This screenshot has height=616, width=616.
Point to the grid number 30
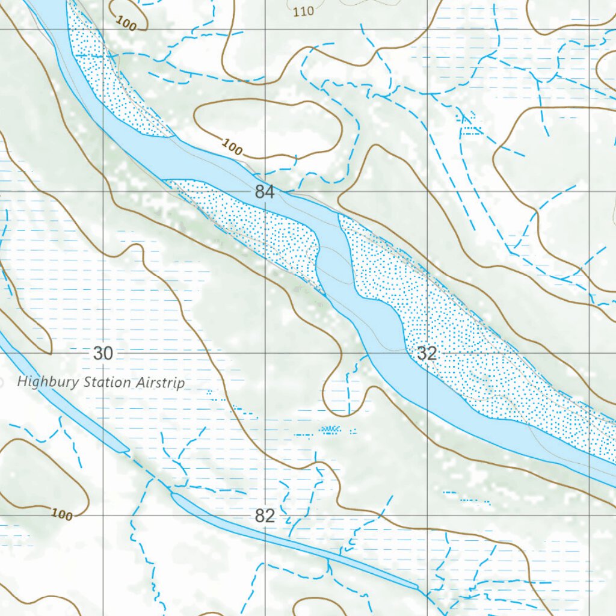(103, 354)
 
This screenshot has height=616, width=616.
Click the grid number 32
(426, 354)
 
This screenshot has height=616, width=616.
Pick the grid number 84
(265, 192)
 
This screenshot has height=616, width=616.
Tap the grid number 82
(265, 516)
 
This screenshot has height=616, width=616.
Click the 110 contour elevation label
(303, 11)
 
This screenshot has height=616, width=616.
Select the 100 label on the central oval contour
(232, 146)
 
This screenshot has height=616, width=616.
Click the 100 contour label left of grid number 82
(61, 514)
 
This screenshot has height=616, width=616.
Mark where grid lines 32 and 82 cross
(428, 516)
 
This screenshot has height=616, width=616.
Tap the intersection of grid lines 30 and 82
(103, 516)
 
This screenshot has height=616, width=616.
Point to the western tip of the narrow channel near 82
(173, 494)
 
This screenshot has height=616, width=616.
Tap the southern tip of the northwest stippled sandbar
(171, 135)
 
